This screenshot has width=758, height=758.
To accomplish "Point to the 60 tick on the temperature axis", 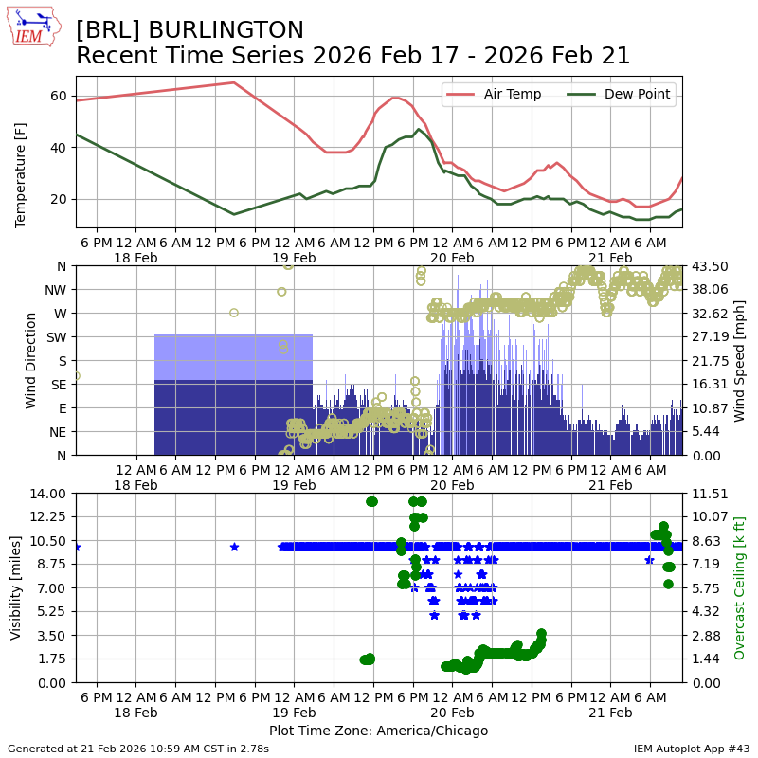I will tap(58, 96).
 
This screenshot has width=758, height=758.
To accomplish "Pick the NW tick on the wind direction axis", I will tap(54, 289).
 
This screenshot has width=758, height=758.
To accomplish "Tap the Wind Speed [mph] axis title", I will tap(740, 360).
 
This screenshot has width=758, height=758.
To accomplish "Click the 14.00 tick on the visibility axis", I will tap(48, 493).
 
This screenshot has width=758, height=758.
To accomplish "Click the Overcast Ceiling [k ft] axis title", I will tap(740, 587).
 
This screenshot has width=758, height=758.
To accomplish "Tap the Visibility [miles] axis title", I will tap(16, 587).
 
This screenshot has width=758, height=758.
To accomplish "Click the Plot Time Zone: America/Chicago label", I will tap(378, 731).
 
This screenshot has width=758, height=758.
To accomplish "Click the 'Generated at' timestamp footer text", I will tap(138, 749).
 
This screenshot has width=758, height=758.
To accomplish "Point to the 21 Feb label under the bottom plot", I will tap(610, 713).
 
